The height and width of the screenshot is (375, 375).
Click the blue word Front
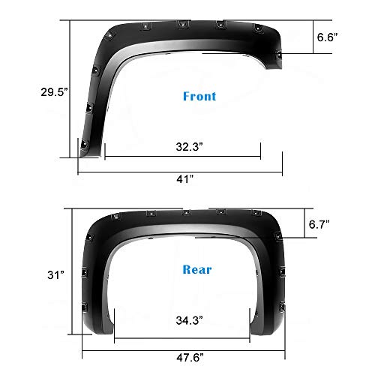coord(199,97)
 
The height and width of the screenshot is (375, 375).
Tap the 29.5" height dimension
coord(34,92)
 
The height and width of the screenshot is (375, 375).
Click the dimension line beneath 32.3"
coord(182,157)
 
